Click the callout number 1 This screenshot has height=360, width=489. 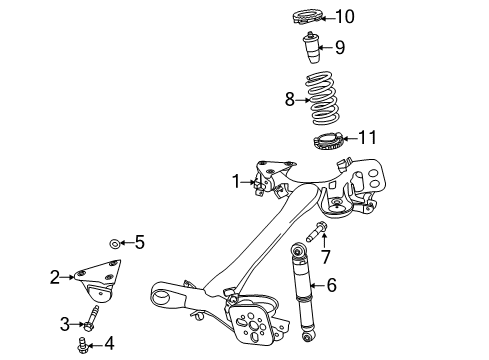(x=236, y=181)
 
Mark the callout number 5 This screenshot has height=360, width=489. (x=141, y=241)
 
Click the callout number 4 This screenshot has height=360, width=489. (x=109, y=343)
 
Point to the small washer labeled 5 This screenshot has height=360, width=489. (x=114, y=242)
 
